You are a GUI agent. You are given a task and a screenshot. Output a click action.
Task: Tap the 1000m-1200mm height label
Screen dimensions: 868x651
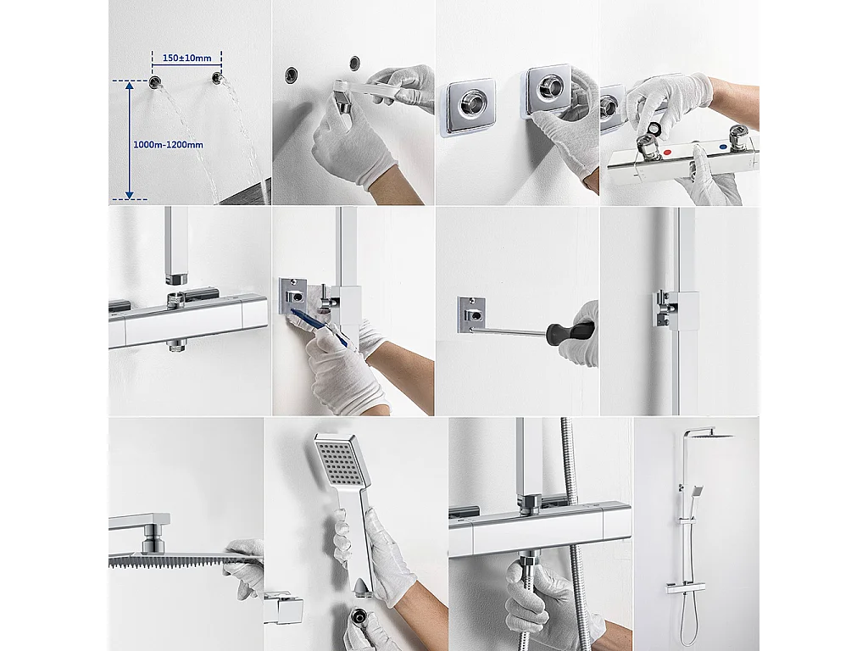click(x=168, y=145)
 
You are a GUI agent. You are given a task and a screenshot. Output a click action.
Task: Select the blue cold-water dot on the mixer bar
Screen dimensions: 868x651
click(x=723, y=147)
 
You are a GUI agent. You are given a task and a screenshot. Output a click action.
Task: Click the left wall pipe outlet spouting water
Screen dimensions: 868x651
click(x=155, y=82)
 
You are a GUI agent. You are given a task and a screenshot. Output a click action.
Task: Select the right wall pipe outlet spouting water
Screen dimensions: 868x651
click(x=216, y=79)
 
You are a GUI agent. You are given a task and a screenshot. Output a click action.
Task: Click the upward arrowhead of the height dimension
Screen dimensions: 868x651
click(x=130, y=86)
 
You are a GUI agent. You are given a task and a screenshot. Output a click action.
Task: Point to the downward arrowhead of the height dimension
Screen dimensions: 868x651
click(x=130, y=194)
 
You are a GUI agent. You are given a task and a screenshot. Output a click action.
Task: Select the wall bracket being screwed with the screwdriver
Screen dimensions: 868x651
click(x=471, y=315)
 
